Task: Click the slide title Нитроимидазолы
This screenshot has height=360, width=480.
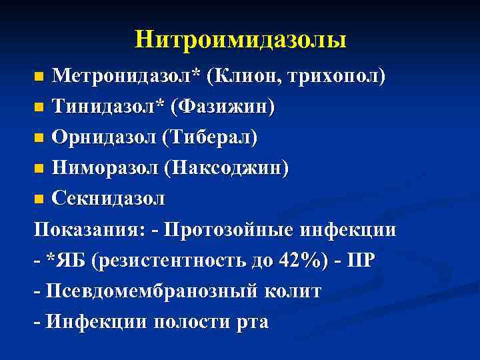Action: (240, 39)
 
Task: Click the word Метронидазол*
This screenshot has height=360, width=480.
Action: (126, 76)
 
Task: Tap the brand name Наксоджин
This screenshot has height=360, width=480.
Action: (230, 168)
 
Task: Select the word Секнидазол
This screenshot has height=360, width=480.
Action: (109, 199)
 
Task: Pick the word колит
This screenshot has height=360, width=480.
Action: (293, 291)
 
